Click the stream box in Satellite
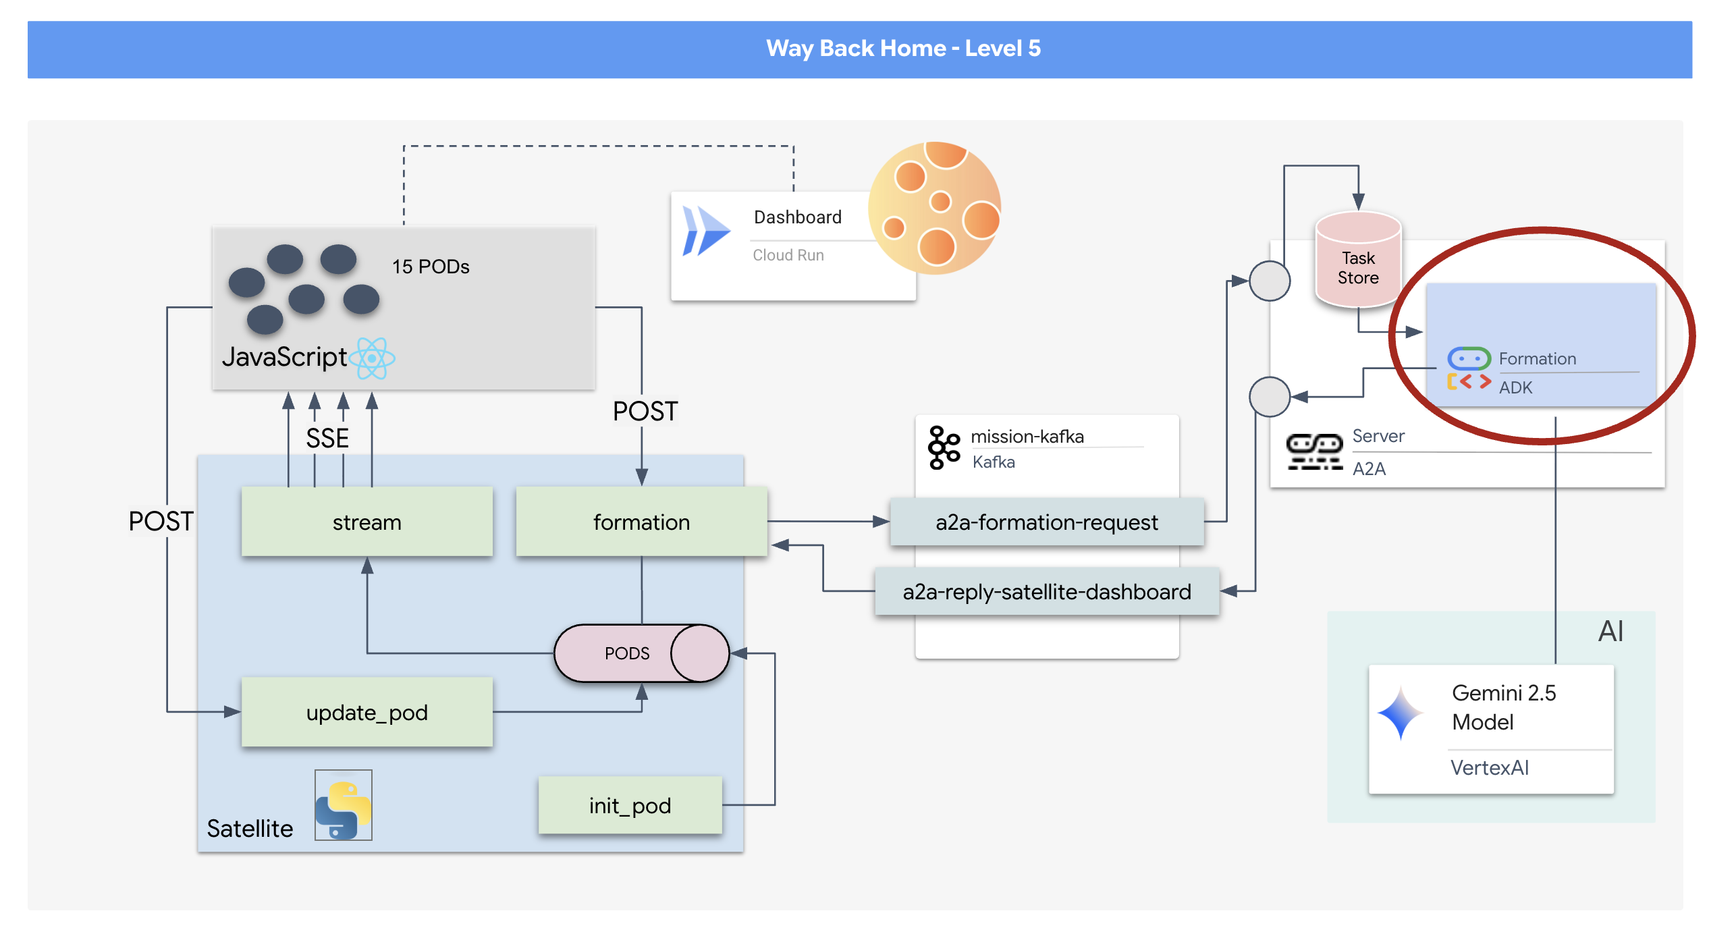[367, 522]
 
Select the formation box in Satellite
[641, 522]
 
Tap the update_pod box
[367, 712]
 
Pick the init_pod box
[630, 805]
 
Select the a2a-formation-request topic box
[1046, 522]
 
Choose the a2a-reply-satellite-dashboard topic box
[1046, 592]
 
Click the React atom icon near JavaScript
[372, 358]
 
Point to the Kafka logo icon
[944, 447]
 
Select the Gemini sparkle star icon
[1401, 713]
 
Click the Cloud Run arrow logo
[706, 231]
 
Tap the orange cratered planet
[935, 208]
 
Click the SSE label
[327, 439]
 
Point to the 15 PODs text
[431, 267]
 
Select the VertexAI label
[1490, 768]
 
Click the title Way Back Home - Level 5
[903, 49]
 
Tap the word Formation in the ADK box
[1538, 359]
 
